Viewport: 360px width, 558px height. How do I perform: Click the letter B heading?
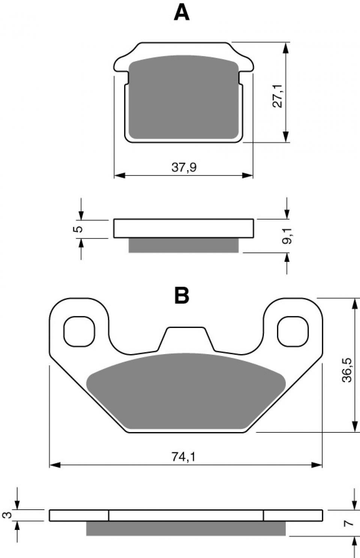[x=182, y=295]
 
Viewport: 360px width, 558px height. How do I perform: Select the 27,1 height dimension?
[x=277, y=96]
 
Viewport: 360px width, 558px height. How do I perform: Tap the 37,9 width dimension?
[x=184, y=167]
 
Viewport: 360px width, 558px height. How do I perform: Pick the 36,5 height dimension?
[x=347, y=370]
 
